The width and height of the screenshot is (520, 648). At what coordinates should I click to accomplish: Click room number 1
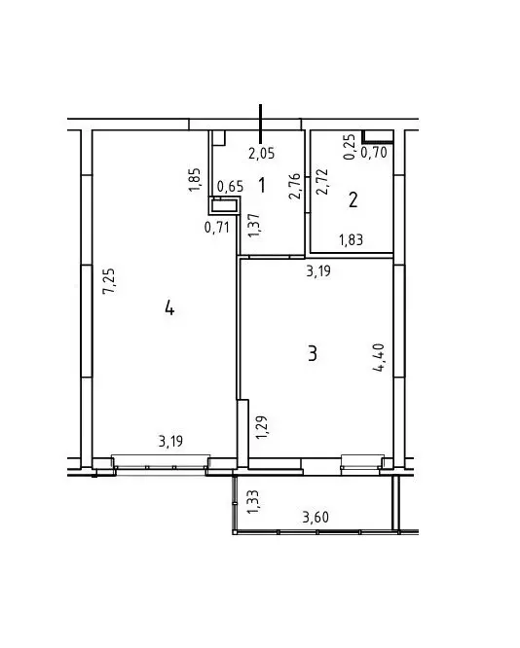click(262, 183)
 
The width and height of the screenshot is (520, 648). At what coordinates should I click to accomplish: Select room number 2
click(353, 200)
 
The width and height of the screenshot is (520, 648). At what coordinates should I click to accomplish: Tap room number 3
click(312, 352)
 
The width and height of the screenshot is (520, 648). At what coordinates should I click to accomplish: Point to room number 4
click(169, 308)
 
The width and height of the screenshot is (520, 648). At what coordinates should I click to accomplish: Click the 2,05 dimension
click(261, 152)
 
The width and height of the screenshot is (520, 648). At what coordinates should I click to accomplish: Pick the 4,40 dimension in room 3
click(381, 361)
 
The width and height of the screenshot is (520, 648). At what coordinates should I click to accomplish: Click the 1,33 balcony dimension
click(253, 501)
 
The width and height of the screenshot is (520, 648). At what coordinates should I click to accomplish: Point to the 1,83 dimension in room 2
click(352, 239)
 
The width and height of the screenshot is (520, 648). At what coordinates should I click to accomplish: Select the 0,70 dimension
click(374, 152)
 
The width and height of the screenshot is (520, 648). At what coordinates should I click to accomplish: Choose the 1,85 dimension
click(195, 181)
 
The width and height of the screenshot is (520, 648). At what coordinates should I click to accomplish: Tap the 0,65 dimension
click(230, 186)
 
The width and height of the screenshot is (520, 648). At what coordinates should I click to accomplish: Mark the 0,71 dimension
click(217, 228)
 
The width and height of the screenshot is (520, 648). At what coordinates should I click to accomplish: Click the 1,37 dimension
click(253, 225)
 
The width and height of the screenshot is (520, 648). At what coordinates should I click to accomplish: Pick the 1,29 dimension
click(261, 429)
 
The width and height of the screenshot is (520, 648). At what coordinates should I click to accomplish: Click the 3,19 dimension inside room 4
click(170, 442)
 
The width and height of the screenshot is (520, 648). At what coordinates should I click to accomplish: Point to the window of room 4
click(162, 462)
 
